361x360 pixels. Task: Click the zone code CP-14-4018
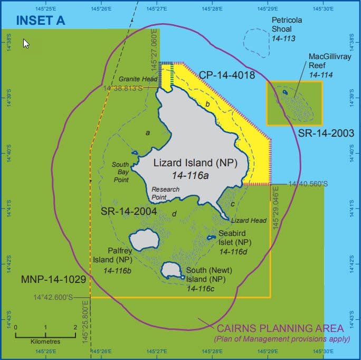click(x=227, y=75)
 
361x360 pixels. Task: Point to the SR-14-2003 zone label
click(x=318, y=133)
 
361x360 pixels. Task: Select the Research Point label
click(x=165, y=193)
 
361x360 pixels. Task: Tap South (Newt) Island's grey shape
click(x=172, y=271)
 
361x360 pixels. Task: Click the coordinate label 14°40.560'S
click(x=308, y=184)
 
